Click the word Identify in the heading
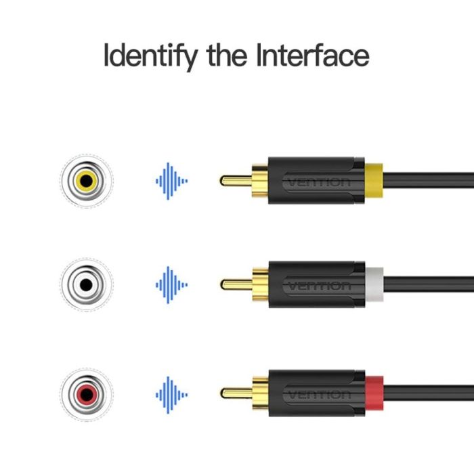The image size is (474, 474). click(x=150, y=56)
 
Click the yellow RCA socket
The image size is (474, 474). click(x=87, y=181)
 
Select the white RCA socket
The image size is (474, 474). click(x=87, y=284)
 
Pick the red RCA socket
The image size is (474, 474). click(x=87, y=394)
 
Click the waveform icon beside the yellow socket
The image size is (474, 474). click(x=171, y=181)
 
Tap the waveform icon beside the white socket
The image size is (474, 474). click(x=171, y=285)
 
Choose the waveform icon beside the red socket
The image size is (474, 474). click(x=171, y=395)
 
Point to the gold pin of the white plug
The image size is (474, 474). click(x=236, y=284)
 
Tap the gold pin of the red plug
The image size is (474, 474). click(x=236, y=393)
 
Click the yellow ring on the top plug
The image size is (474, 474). click(x=374, y=181)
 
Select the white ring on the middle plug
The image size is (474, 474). click(x=374, y=284)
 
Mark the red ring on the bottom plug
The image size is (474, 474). click(x=374, y=393)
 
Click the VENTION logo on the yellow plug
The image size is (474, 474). click(x=318, y=182)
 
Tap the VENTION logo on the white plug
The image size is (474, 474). click(x=318, y=286)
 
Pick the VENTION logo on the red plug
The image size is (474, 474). click(x=318, y=395)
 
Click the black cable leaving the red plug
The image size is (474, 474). click(x=429, y=393)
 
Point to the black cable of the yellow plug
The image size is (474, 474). click(x=429, y=181)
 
